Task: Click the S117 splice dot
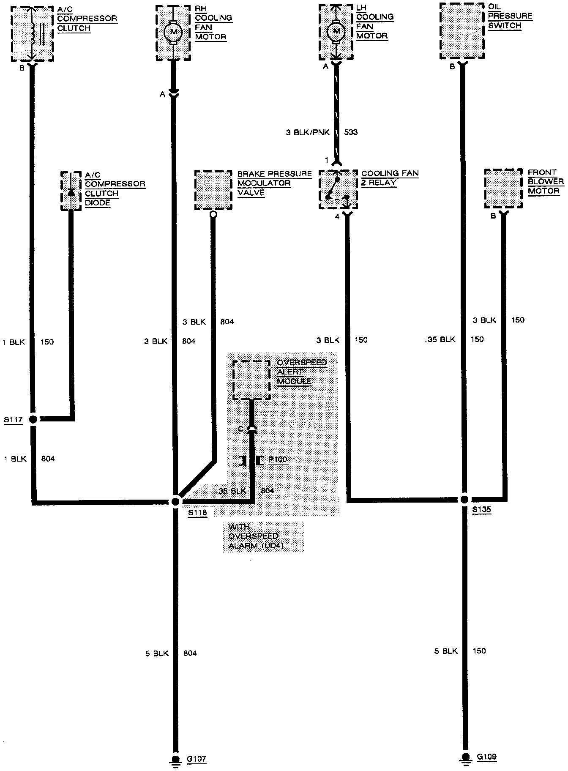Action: (x=33, y=419)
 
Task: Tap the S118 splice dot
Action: (x=175, y=501)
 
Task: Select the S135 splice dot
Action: (x=464, y=499)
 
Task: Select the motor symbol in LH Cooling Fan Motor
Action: (x=336, y=31)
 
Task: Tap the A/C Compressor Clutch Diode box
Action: (x=71, y=191)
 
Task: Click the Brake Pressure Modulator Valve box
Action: (x=213, y=190)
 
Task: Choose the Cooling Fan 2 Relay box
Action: (x=338, y=190)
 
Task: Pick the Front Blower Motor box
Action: (x=503, y=189)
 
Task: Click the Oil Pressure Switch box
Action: (x=462, y=31)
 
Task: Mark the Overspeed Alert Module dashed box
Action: (x=251, y=380)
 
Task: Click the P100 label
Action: (x=278, y=459)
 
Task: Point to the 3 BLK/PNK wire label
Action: (x=307, y=132)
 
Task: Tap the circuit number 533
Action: (x=351, y=132)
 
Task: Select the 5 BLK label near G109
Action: (x=446, y=651)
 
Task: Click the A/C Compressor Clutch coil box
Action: (x=32, y=33)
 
